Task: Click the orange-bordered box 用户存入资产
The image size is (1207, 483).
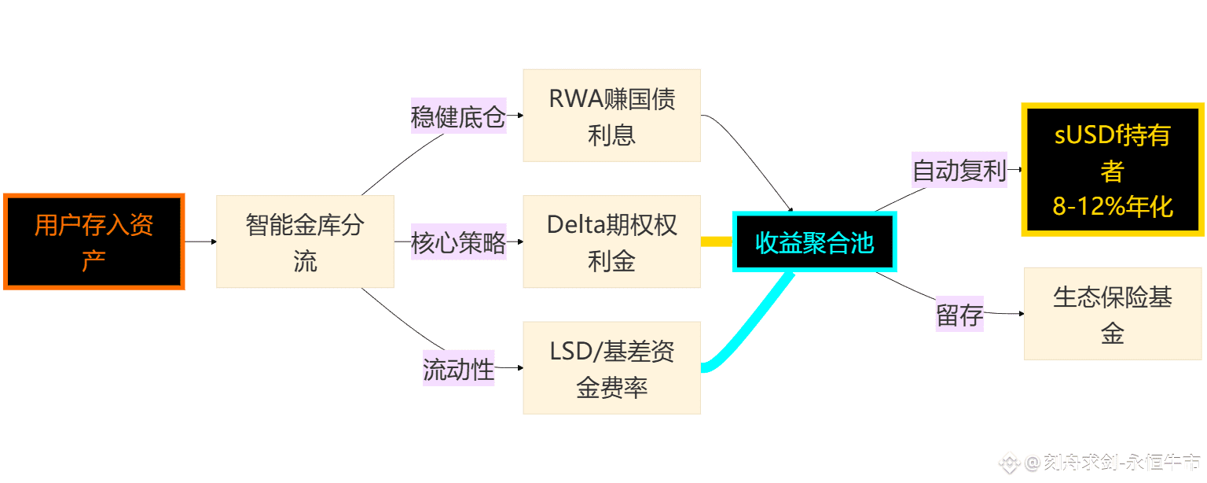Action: coord(94,241)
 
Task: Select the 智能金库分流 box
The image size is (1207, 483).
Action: coord(305,241)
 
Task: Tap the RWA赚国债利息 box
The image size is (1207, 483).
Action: coord(611,116)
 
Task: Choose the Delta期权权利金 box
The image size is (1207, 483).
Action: coord(611,241)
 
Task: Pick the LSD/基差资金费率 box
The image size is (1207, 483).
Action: coord(611,367)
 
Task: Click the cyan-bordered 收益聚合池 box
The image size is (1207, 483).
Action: coord(814,242)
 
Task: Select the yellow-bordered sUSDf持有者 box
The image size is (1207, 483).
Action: coord(1112,169)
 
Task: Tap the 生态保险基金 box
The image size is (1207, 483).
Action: coord(1112,314)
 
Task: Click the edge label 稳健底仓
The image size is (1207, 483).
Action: coord(458,116)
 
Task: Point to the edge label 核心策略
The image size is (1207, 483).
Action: coord(458,242)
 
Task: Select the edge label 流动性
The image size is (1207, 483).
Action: coord(458,368)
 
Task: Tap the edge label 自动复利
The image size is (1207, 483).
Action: coord(959,169)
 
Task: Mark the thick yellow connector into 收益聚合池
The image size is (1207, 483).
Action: coord(716,241)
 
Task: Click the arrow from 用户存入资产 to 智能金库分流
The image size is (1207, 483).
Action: coord(200,241)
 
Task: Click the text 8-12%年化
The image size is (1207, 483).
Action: coord(1112,206)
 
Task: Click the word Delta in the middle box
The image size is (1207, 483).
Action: coord(575,224)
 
